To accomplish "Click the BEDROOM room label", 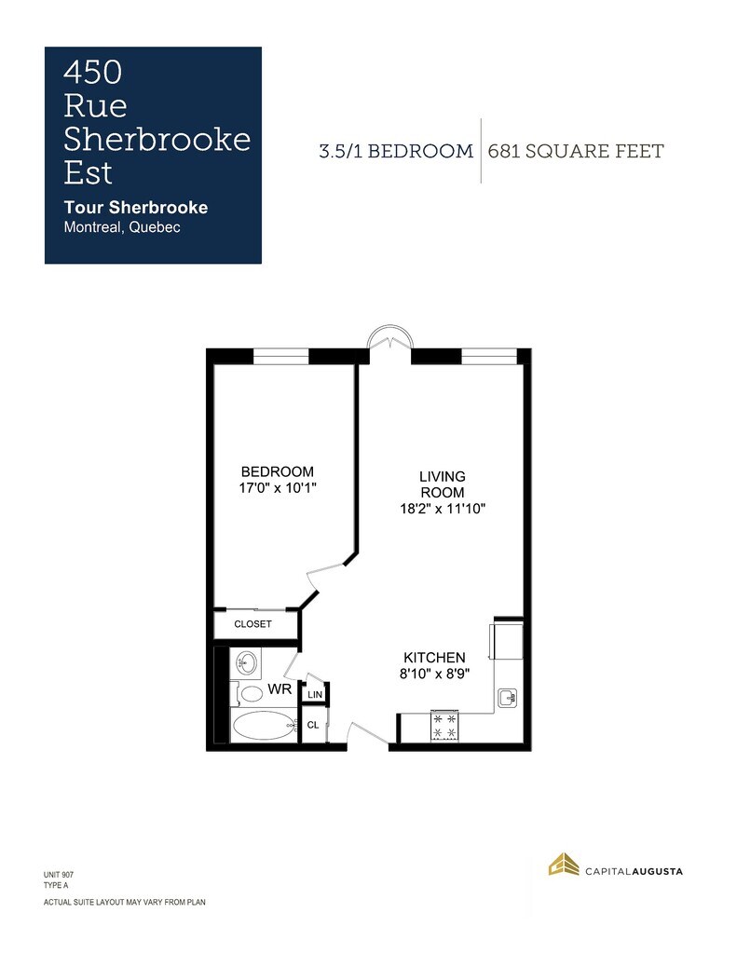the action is tap(278, 471).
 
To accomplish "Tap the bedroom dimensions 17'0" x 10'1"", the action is tap(278, 488).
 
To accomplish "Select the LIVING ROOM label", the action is tap(443, 484).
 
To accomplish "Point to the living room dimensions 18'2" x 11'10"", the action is tap(443, 509).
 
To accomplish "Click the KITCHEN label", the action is tap(434, 658).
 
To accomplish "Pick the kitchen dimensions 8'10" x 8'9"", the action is tap(434, 675).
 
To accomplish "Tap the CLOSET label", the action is tap(252, 624).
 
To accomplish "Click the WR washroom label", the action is tap(280, 689).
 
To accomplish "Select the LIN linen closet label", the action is tap(315, 695).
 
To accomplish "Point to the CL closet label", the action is tap(313, 725).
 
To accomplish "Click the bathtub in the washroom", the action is tap(263, 725).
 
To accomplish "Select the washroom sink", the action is tap(246, 662).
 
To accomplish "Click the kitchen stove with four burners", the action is tap(444, 726).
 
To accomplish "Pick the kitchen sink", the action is tap(508, 698).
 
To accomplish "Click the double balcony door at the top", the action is tap(390, 335).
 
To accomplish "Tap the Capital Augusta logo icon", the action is tap(564, 865).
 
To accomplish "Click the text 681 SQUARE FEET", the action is tap(576, 151).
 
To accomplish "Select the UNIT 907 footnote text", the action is tap(59, 875).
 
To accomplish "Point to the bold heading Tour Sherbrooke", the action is tap(136, 208).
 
